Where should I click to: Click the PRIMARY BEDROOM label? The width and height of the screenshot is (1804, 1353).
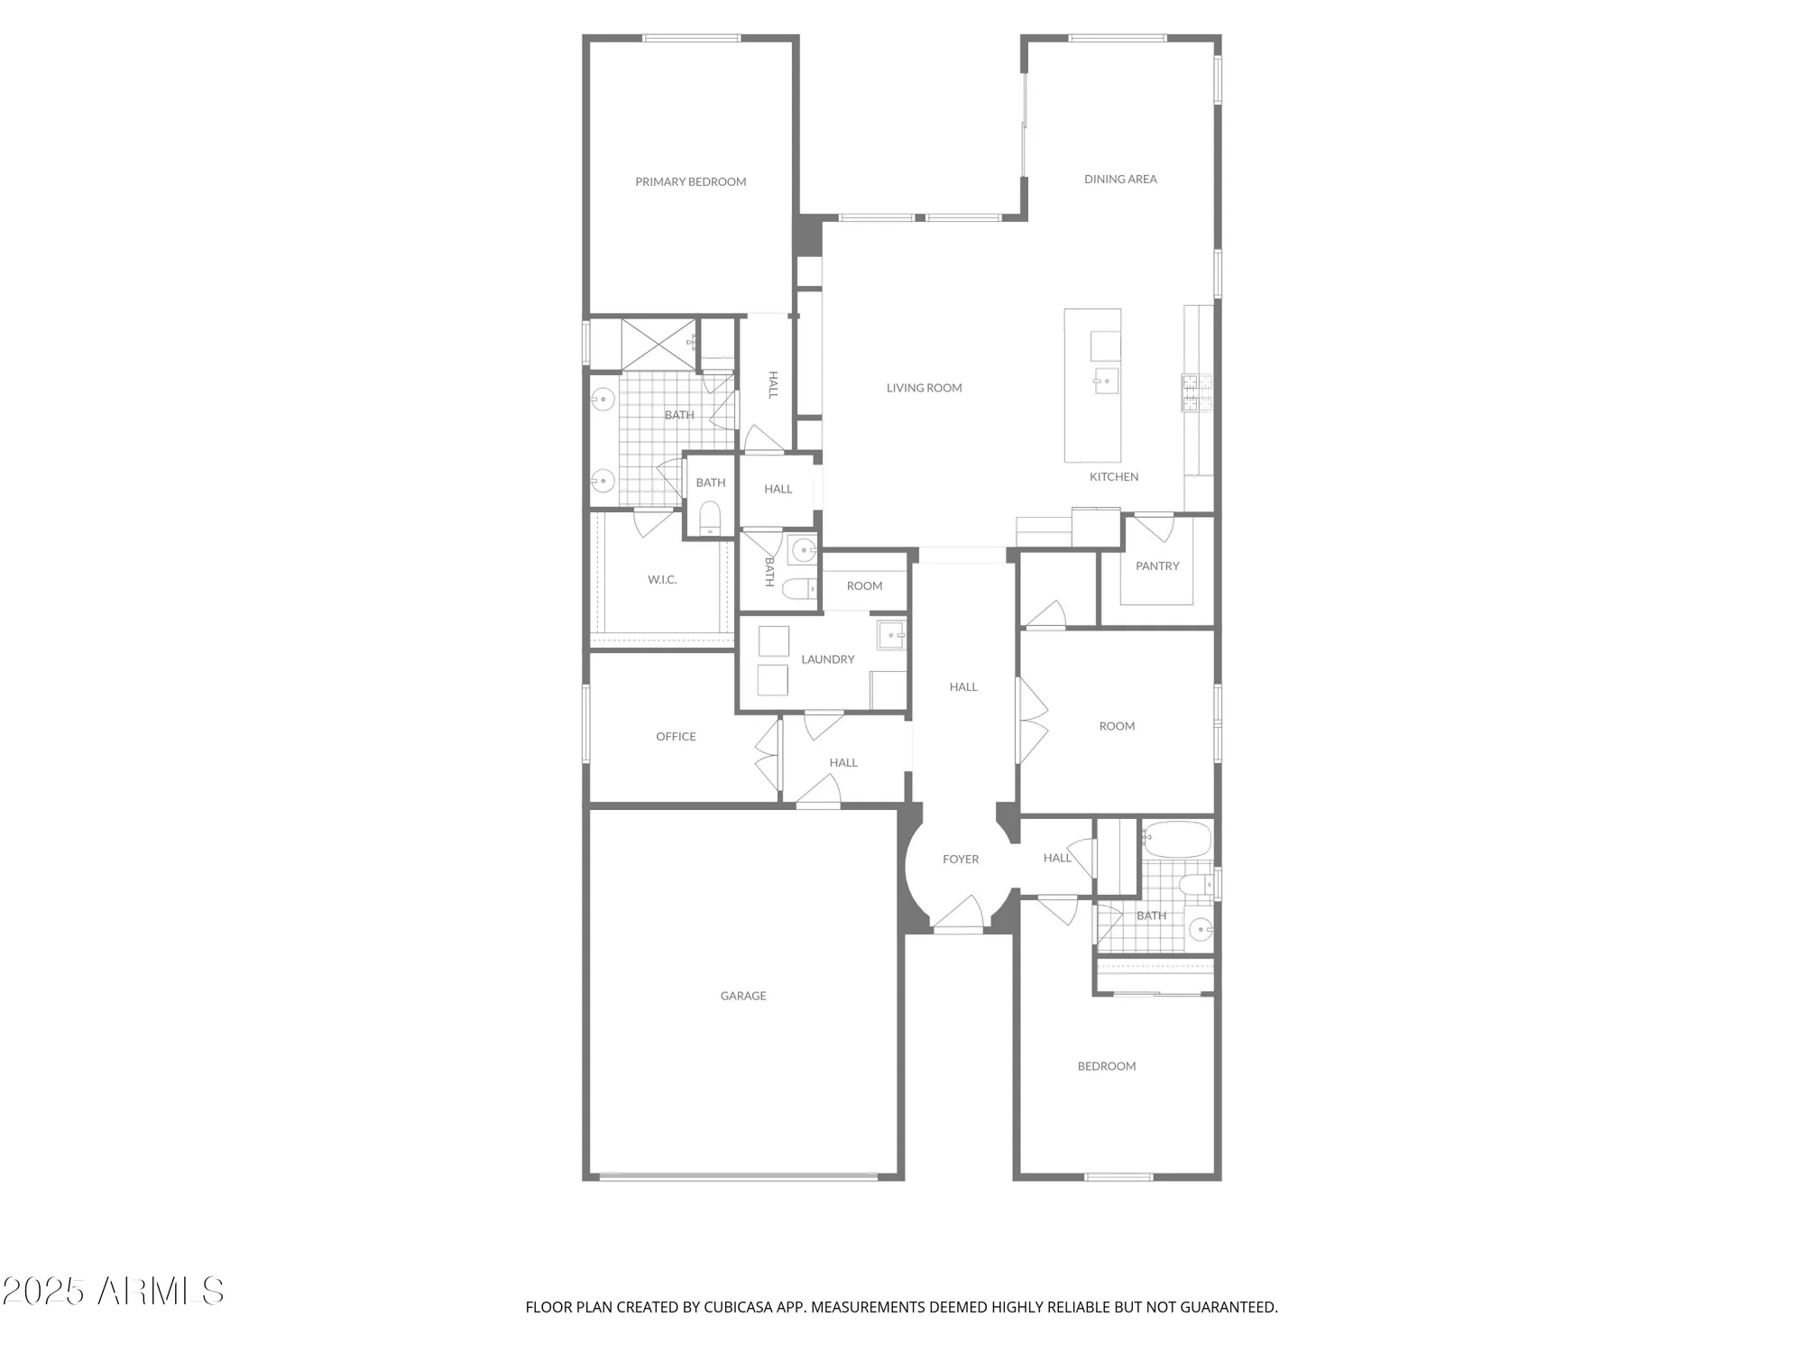point(690,182)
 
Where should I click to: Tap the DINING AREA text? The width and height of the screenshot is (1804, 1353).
point(1120,179)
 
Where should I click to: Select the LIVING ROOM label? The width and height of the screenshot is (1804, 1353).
point(924,388)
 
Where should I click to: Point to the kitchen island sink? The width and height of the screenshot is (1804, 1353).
point(1106,381)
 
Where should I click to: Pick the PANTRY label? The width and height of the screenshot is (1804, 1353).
point(1157,566)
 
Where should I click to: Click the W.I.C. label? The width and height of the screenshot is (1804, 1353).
point(662,580)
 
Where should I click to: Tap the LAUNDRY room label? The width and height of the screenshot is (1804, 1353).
point(827,659)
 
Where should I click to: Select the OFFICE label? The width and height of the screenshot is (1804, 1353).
point(676,737)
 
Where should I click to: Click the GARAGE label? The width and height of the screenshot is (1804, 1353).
point(743,996)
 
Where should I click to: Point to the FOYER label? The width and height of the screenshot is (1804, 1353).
point(961,860)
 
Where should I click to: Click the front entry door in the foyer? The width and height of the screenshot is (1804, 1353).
point(958,916)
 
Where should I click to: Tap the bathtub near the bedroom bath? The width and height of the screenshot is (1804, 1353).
point(1176,840)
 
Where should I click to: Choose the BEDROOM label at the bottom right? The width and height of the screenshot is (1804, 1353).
point(1107,1066)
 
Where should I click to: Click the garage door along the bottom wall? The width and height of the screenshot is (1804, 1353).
point(738,1175)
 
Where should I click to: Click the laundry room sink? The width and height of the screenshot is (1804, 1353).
point(891,635)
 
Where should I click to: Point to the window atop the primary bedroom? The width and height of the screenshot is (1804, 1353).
point(691,38)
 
